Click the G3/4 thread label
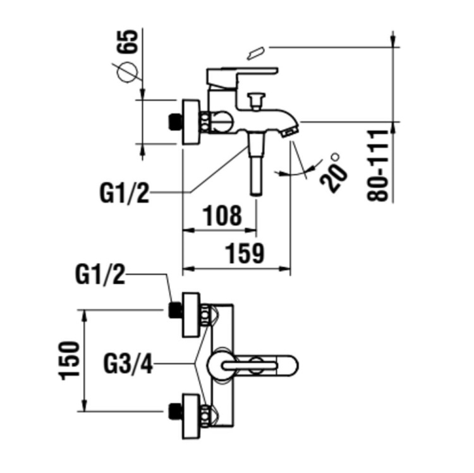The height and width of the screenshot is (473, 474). point(128,365)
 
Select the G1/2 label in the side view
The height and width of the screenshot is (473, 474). point(125,192)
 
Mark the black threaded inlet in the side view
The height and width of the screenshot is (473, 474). point(175,121)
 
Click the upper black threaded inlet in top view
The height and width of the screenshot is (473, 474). point(175,310)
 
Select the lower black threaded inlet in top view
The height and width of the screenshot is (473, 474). point(175,411)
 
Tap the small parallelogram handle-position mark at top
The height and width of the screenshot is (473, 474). point(257,53)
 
